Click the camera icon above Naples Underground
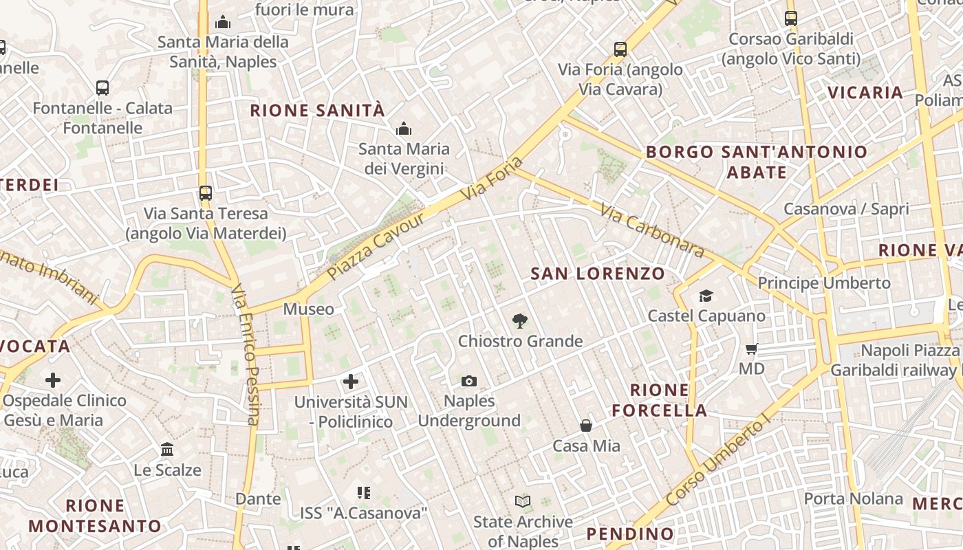469,381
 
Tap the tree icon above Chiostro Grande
520,320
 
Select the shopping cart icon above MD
751,349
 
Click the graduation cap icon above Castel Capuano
706,296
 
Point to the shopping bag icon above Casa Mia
586,426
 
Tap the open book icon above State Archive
523,502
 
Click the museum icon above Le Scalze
167,450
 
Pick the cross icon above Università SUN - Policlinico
351,381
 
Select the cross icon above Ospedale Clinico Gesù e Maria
53,379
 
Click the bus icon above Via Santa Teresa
205,193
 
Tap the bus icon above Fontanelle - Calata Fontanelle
102,88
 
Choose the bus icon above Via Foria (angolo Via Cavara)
620,49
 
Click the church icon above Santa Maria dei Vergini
404,129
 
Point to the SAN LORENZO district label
598,274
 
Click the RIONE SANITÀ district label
317,110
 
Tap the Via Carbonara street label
652,230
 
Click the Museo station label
309,309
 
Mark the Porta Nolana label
853,498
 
